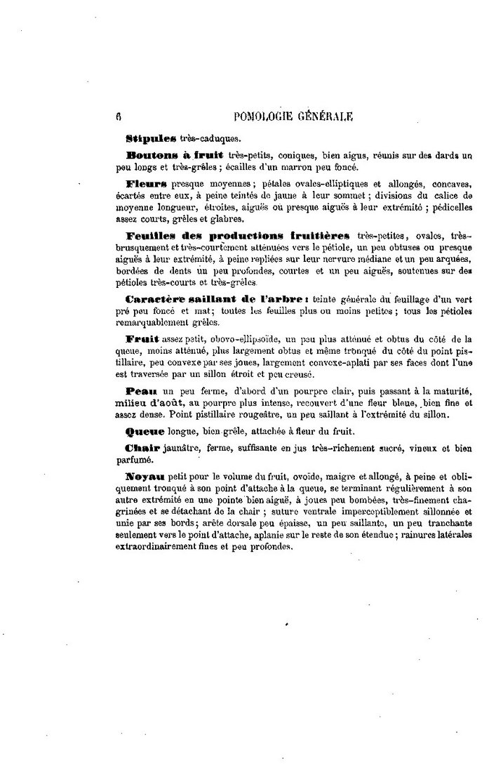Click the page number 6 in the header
click(x=112, y=117)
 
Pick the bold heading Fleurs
click(x=145, y=184)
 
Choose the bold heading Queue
click(x=145, y=432)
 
